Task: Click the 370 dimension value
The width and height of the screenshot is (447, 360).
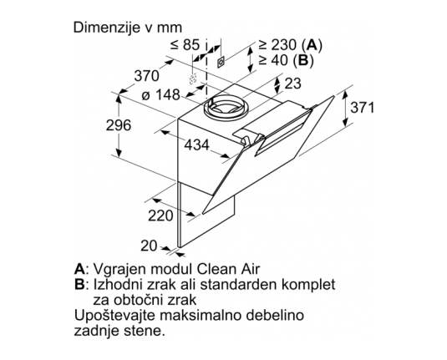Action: [147, 76]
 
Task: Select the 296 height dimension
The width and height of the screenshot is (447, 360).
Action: [119, 124]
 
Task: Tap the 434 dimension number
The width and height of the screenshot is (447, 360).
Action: [196, 145]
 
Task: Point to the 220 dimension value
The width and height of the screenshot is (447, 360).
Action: [160, 215]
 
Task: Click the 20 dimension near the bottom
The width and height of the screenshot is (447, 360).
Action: [149, 246]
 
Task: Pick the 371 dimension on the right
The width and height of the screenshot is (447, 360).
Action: [362, 108]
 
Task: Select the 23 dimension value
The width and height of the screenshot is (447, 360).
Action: [292, 84]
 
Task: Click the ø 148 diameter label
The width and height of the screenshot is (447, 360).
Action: [161, 94]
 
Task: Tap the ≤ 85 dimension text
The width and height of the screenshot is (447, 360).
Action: [185, 44]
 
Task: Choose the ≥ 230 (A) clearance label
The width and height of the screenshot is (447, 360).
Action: [290, 45]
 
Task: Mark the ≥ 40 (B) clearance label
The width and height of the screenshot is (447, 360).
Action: [286, 60]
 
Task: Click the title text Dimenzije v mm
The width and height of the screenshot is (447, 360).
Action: [128, 28]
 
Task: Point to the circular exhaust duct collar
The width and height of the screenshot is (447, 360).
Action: [226, 107]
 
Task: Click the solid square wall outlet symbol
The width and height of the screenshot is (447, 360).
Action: [221, 61]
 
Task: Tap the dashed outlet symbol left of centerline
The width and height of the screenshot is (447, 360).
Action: [193, 79]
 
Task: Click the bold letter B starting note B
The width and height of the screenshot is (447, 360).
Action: [79, 284]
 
